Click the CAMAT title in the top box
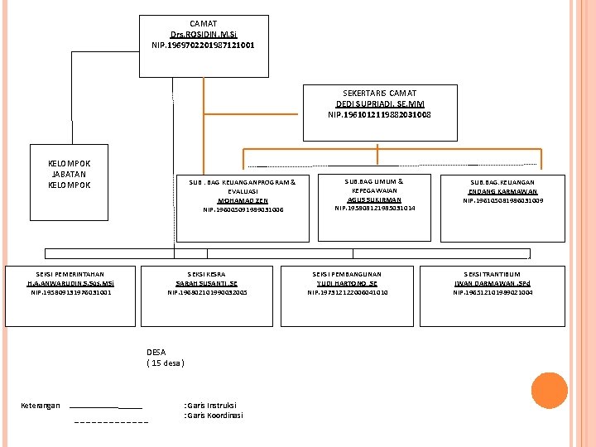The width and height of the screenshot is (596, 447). coord(204,24)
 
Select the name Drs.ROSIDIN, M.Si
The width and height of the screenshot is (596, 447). coord(204,35)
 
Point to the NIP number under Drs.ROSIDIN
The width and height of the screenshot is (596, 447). coord(204,45)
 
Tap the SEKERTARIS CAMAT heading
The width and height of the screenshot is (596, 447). coord(379,94)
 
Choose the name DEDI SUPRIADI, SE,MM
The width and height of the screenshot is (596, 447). coord(379,104)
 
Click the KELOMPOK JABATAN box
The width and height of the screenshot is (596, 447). coord(70,174)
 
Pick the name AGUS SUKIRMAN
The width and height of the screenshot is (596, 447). coord(375,199)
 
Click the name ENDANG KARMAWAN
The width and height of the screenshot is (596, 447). coord(502,191)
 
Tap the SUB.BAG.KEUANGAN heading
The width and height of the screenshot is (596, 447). coord(502,182)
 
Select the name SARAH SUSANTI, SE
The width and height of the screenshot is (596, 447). coord(207,283)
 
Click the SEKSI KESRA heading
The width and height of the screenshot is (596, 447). coord(207,273)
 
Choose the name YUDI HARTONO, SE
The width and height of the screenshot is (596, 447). coord(348,283)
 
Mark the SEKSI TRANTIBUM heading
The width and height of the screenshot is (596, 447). coord(493,273)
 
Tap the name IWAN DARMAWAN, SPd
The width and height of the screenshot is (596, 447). coord(493,283)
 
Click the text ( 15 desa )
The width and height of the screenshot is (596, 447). coord(166,363)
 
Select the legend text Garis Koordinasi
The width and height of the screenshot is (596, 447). coord(214,415)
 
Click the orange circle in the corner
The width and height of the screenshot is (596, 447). coord(548,392)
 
